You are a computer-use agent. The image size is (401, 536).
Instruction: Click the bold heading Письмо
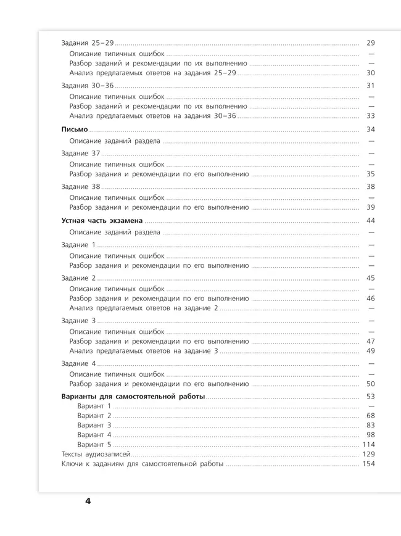75,130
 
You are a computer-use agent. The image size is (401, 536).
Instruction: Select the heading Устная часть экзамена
102,221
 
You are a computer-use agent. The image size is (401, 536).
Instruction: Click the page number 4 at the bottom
88,500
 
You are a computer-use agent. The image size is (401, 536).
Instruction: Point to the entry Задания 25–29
88,43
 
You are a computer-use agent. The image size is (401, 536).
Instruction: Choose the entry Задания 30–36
88,86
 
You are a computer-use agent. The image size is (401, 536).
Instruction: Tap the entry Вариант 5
94,445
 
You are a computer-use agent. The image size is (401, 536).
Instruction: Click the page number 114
368,445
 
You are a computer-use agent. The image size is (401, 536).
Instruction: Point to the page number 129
368,454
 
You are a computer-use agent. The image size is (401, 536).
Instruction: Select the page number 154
368,464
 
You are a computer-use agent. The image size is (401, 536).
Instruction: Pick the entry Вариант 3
94,426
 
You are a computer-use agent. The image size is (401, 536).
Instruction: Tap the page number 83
370,426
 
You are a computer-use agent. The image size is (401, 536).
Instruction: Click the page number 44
370,221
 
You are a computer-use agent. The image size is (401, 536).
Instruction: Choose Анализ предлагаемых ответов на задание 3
144,350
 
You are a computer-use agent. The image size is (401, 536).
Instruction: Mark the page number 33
370,115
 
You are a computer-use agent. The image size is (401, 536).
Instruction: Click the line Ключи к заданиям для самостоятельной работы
143,464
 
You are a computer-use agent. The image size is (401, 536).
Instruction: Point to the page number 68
370,416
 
